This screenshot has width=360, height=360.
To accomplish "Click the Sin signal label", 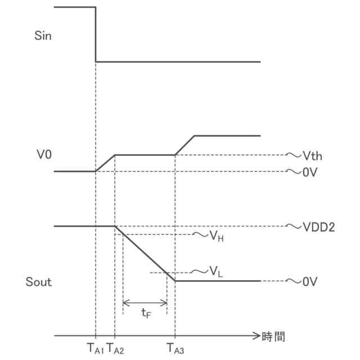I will tap(43, 37).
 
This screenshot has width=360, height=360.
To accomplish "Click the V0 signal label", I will tap(43, 152).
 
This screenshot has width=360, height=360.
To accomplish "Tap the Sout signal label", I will tap(39, 282).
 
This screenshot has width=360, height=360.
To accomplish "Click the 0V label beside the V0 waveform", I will tap(311, 173).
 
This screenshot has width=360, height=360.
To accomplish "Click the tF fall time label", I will tap(146, 314).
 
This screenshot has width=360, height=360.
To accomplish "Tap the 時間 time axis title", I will tap(273, 337).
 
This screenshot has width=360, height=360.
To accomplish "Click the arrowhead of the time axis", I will tap(256, 336).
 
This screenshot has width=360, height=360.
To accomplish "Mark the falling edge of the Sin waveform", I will tap(96, 34).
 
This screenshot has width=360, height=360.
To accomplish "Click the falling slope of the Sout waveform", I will tap(145, 254).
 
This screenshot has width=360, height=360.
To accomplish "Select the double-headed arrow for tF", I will tap(145, 303).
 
